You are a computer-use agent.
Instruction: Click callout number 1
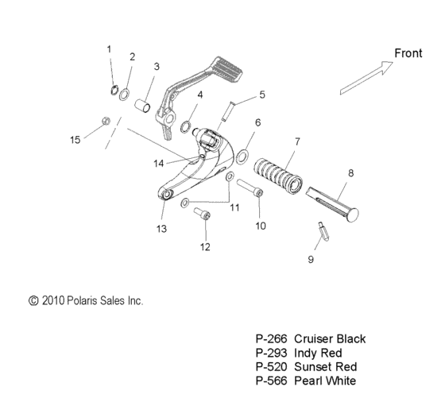click(110, 49)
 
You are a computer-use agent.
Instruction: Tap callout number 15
click(75, 140)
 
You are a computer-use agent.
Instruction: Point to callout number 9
click(311, 259)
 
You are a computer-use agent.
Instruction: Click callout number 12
click(206, 246)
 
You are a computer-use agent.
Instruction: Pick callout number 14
click(159, 163)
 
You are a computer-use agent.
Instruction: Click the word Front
click(408, 53)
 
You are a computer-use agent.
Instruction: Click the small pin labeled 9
click(323, 230)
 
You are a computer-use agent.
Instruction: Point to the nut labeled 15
click(105, 121)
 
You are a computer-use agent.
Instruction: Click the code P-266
click(271, 338)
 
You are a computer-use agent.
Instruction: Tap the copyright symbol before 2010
click(33, 301)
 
